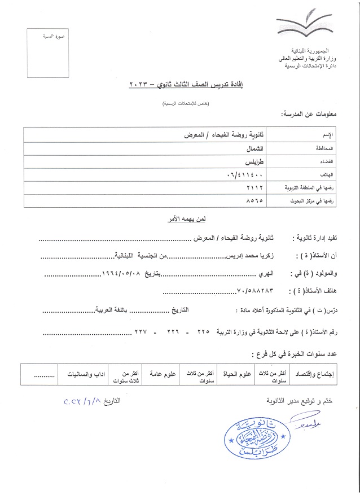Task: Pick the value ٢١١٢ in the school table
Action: point(256,187)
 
